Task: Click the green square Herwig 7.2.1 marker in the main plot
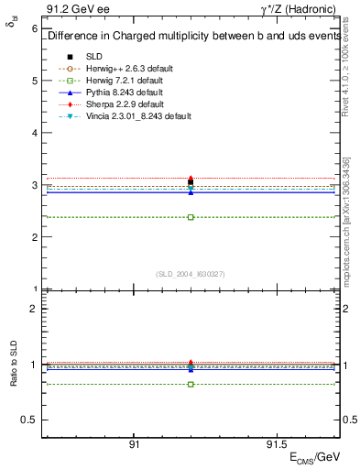191,217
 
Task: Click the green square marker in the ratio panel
191,384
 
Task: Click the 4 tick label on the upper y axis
34,133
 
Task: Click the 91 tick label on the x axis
134,443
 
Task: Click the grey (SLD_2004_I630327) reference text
191,273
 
